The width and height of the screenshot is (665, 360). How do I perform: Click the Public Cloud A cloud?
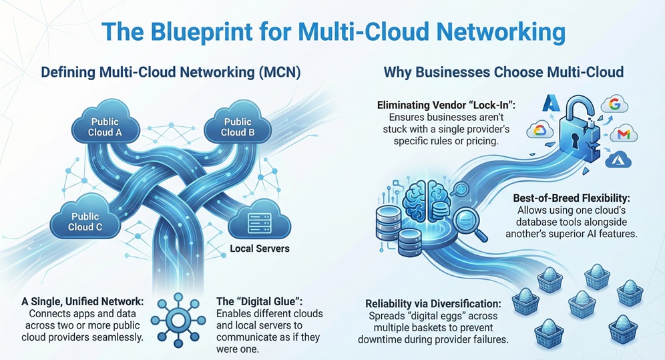tap(105, 126)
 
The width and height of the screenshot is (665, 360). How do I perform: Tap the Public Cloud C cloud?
tap(86, 222)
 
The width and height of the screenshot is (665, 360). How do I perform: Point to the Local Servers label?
tap(260, 248)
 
